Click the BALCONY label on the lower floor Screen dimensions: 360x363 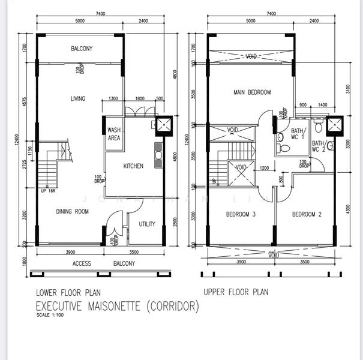pyautogui.click(x=82, y=49)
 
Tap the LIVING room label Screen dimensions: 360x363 pyautogui.click(x=78, y=99)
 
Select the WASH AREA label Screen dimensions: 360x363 pyautogui.click(x=114, y=134)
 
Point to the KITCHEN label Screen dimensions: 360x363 pyautogui.click(x=133, y=166)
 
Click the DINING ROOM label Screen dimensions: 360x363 pyautogui.click(x=73, y=211)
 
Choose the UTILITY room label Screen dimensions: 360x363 pyautogui.click(x=147, y=224)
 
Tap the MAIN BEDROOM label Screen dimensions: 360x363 pyautogui.click(x=252, y=92)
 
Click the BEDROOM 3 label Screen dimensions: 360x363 pyautogui.click(x=241, y=215)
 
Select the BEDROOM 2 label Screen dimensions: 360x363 pyautogui.click(x=307, y=215)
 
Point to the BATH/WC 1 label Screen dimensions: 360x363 pyautogui.click(x=298, y=134)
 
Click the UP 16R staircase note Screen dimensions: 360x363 pyautogui.click(x=49, y=191)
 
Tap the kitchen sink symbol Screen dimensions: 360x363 pyautogui.click(x=158, y=155)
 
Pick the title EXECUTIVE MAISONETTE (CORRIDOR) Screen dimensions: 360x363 pyautogui.click(x=118, y=307)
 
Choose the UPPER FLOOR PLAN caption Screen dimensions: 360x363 pyautogui.click(x=236, y=292)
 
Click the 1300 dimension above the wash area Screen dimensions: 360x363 pyautogui.click(x=113, y=99)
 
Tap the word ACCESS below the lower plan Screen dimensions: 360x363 pyautogui.click(x=82, y=263)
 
